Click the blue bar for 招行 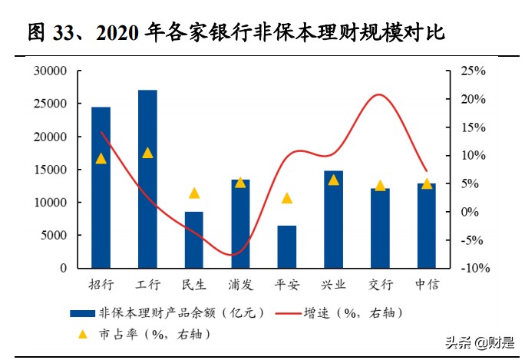tap(101, 187)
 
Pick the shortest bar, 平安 tap(287, 246)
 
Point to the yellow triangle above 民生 tap(194, 193)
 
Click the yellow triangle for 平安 tap(287, 198)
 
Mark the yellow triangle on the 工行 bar tap(147, 153)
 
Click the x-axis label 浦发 tap(240, 285)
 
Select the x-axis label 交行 tap(380, 285)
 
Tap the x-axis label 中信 tap(427, 285)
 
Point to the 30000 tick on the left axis tap(51, 71)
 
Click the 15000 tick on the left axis tap(51, 170)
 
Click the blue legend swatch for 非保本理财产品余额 tap(81, 312)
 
